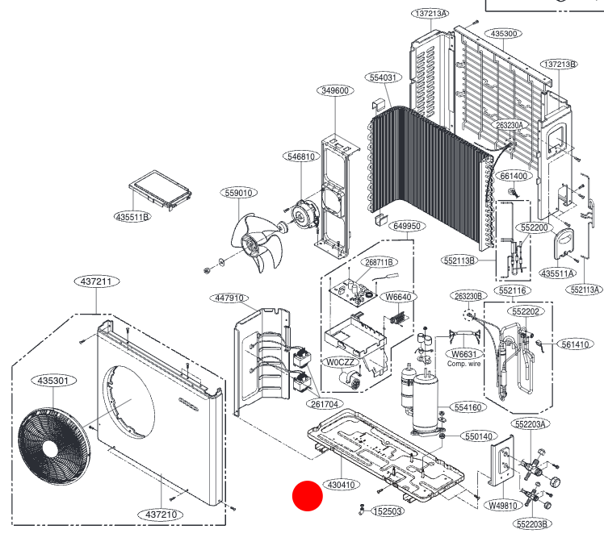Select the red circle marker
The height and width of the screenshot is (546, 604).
(308, 496)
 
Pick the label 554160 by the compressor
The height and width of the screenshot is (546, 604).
(467, 408)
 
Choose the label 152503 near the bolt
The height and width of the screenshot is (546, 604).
(387, 512)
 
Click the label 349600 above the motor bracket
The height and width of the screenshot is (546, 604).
(334, 90)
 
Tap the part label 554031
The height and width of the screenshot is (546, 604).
(384, 77)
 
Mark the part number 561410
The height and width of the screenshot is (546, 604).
(577, 344)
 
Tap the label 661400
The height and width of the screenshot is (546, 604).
(514, 176)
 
